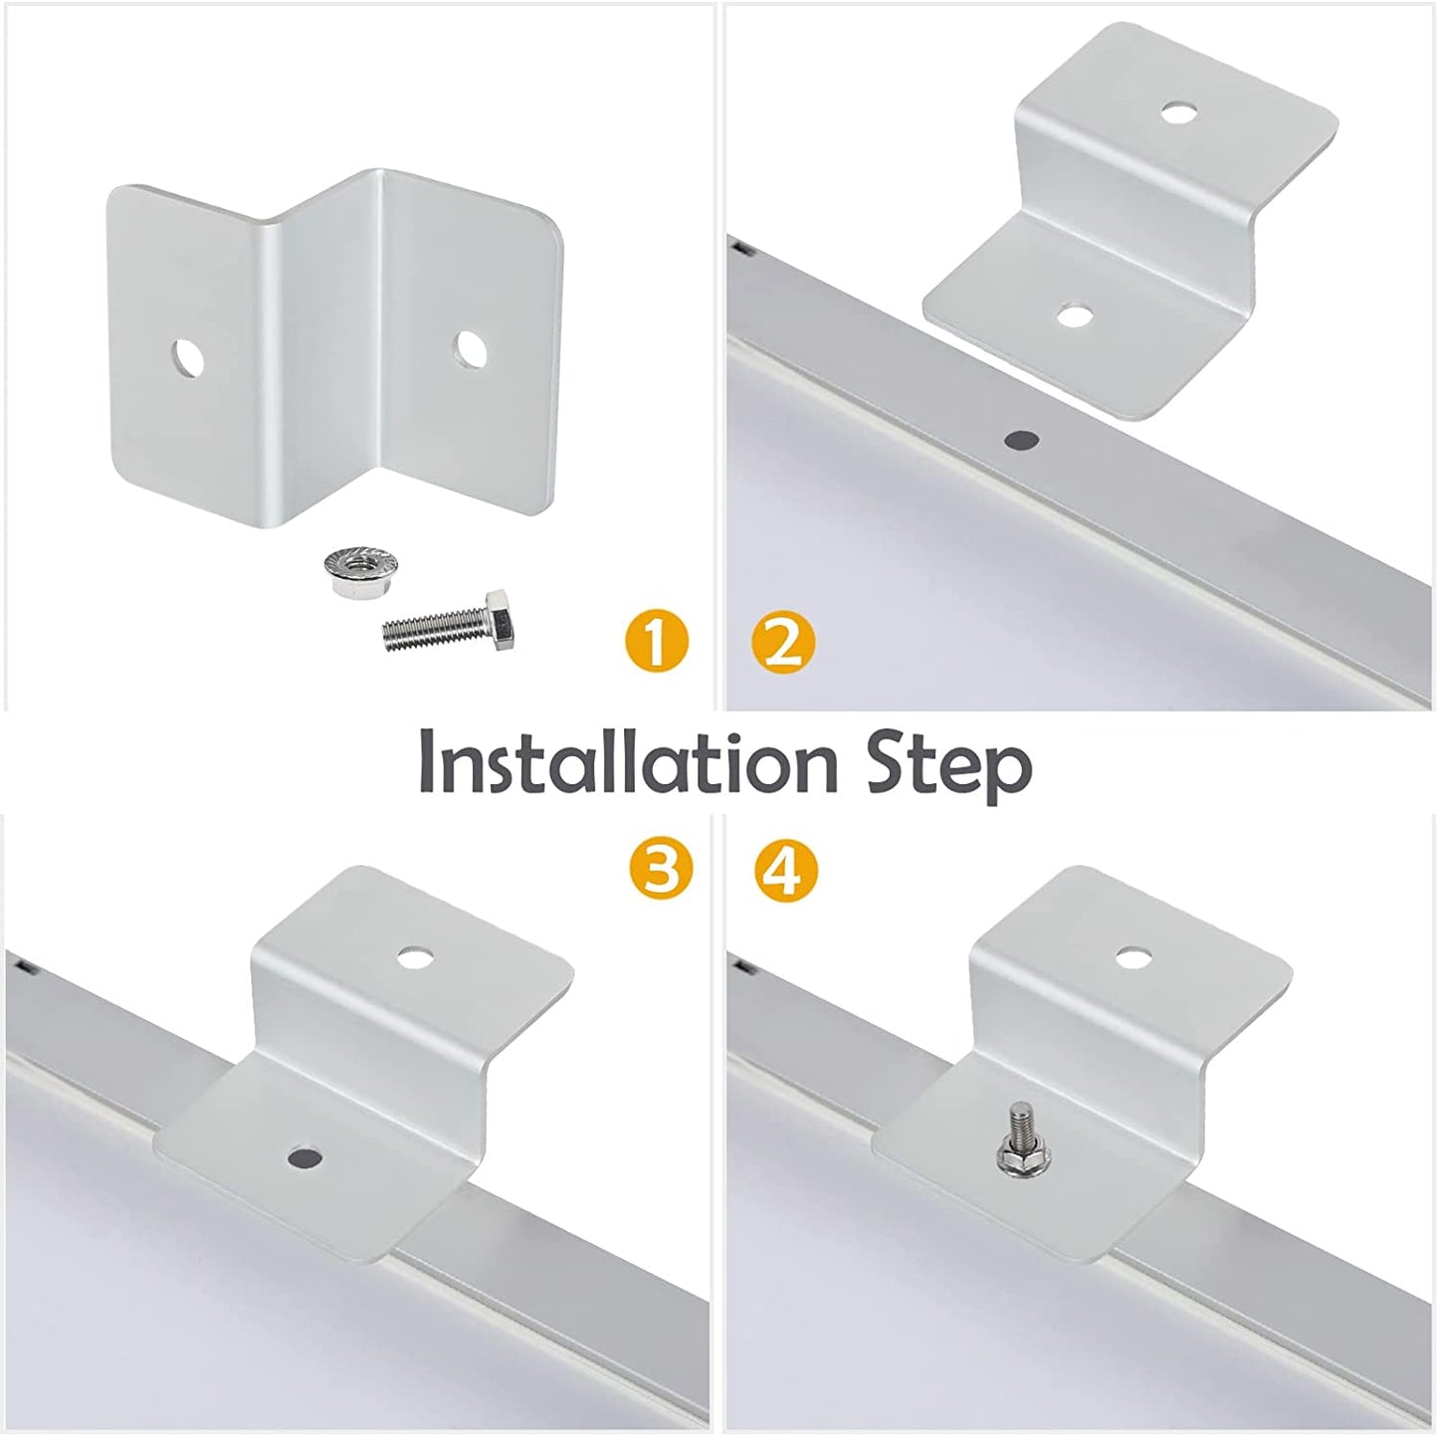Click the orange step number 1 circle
coord(655,642)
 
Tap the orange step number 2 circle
coord(783,642)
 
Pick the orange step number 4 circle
coord(785,869)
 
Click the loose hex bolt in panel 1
coord(449,624)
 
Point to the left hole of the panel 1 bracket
coord(186,358)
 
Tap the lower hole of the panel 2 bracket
coord(1073,316)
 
